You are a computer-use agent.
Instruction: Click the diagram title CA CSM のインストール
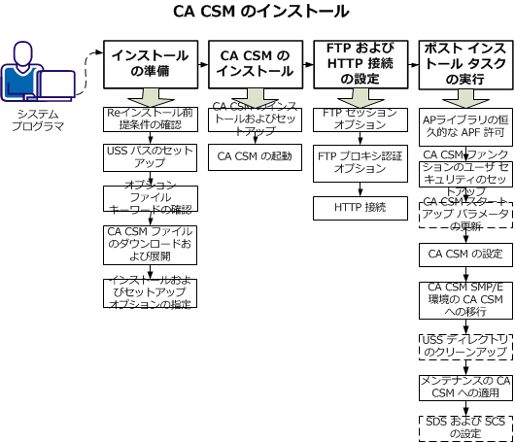click(x=259, y=13)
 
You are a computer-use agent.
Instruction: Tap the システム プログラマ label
click(x=40, y=121)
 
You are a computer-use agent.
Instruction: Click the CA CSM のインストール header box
click(x=256, y=64)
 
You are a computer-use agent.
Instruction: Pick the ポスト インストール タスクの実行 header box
click(x=464, y=64)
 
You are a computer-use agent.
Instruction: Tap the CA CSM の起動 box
click(x=256, y=155)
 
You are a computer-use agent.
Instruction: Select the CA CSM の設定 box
click(x=464, y=255)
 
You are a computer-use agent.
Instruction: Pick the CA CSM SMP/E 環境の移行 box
click(x=464, y=301)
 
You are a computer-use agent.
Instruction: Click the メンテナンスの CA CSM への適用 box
click(x=464, y=387)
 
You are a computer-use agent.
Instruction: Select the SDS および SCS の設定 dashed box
click(x=464, y=426)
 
